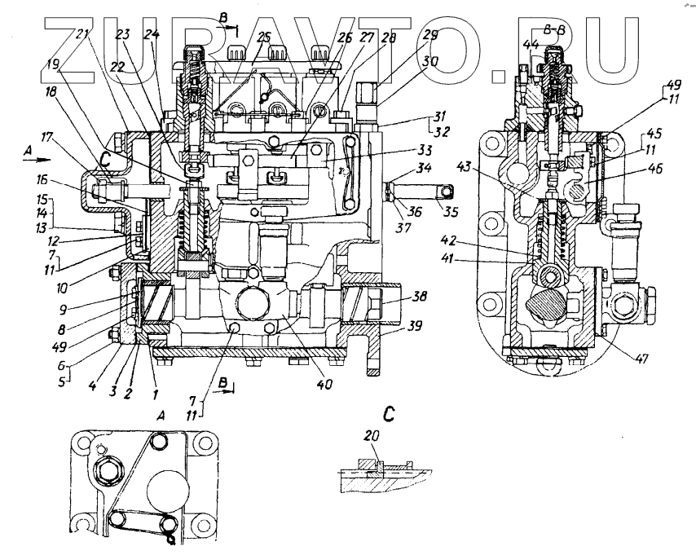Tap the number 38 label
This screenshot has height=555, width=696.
pos(399,297)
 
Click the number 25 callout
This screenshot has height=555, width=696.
pos(264,39)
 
